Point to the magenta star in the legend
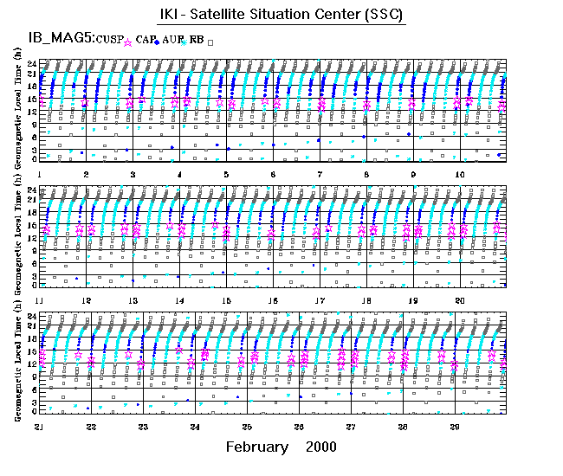click(x=129, y=41)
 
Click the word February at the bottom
click(x=256, y=447)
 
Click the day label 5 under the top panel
click(x=225, y=175)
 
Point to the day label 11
click(x=39, y=300)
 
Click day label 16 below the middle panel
click(x=273, y=300)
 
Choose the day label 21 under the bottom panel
click(x=39, y=427)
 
